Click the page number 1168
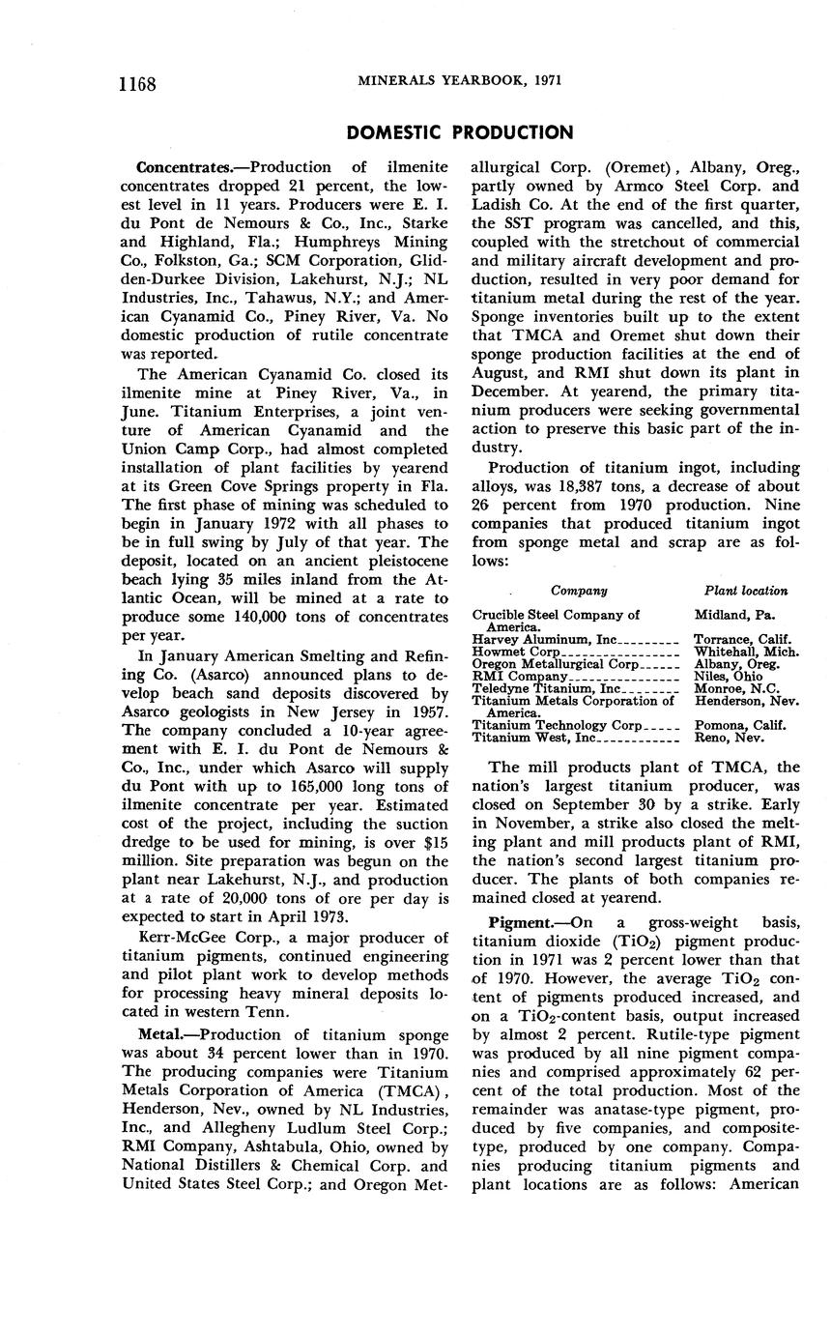[137, 83]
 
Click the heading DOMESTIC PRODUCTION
[459, 132]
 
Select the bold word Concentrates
[179, 167]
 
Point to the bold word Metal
[159, 1035]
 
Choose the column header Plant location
[745, 591]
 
